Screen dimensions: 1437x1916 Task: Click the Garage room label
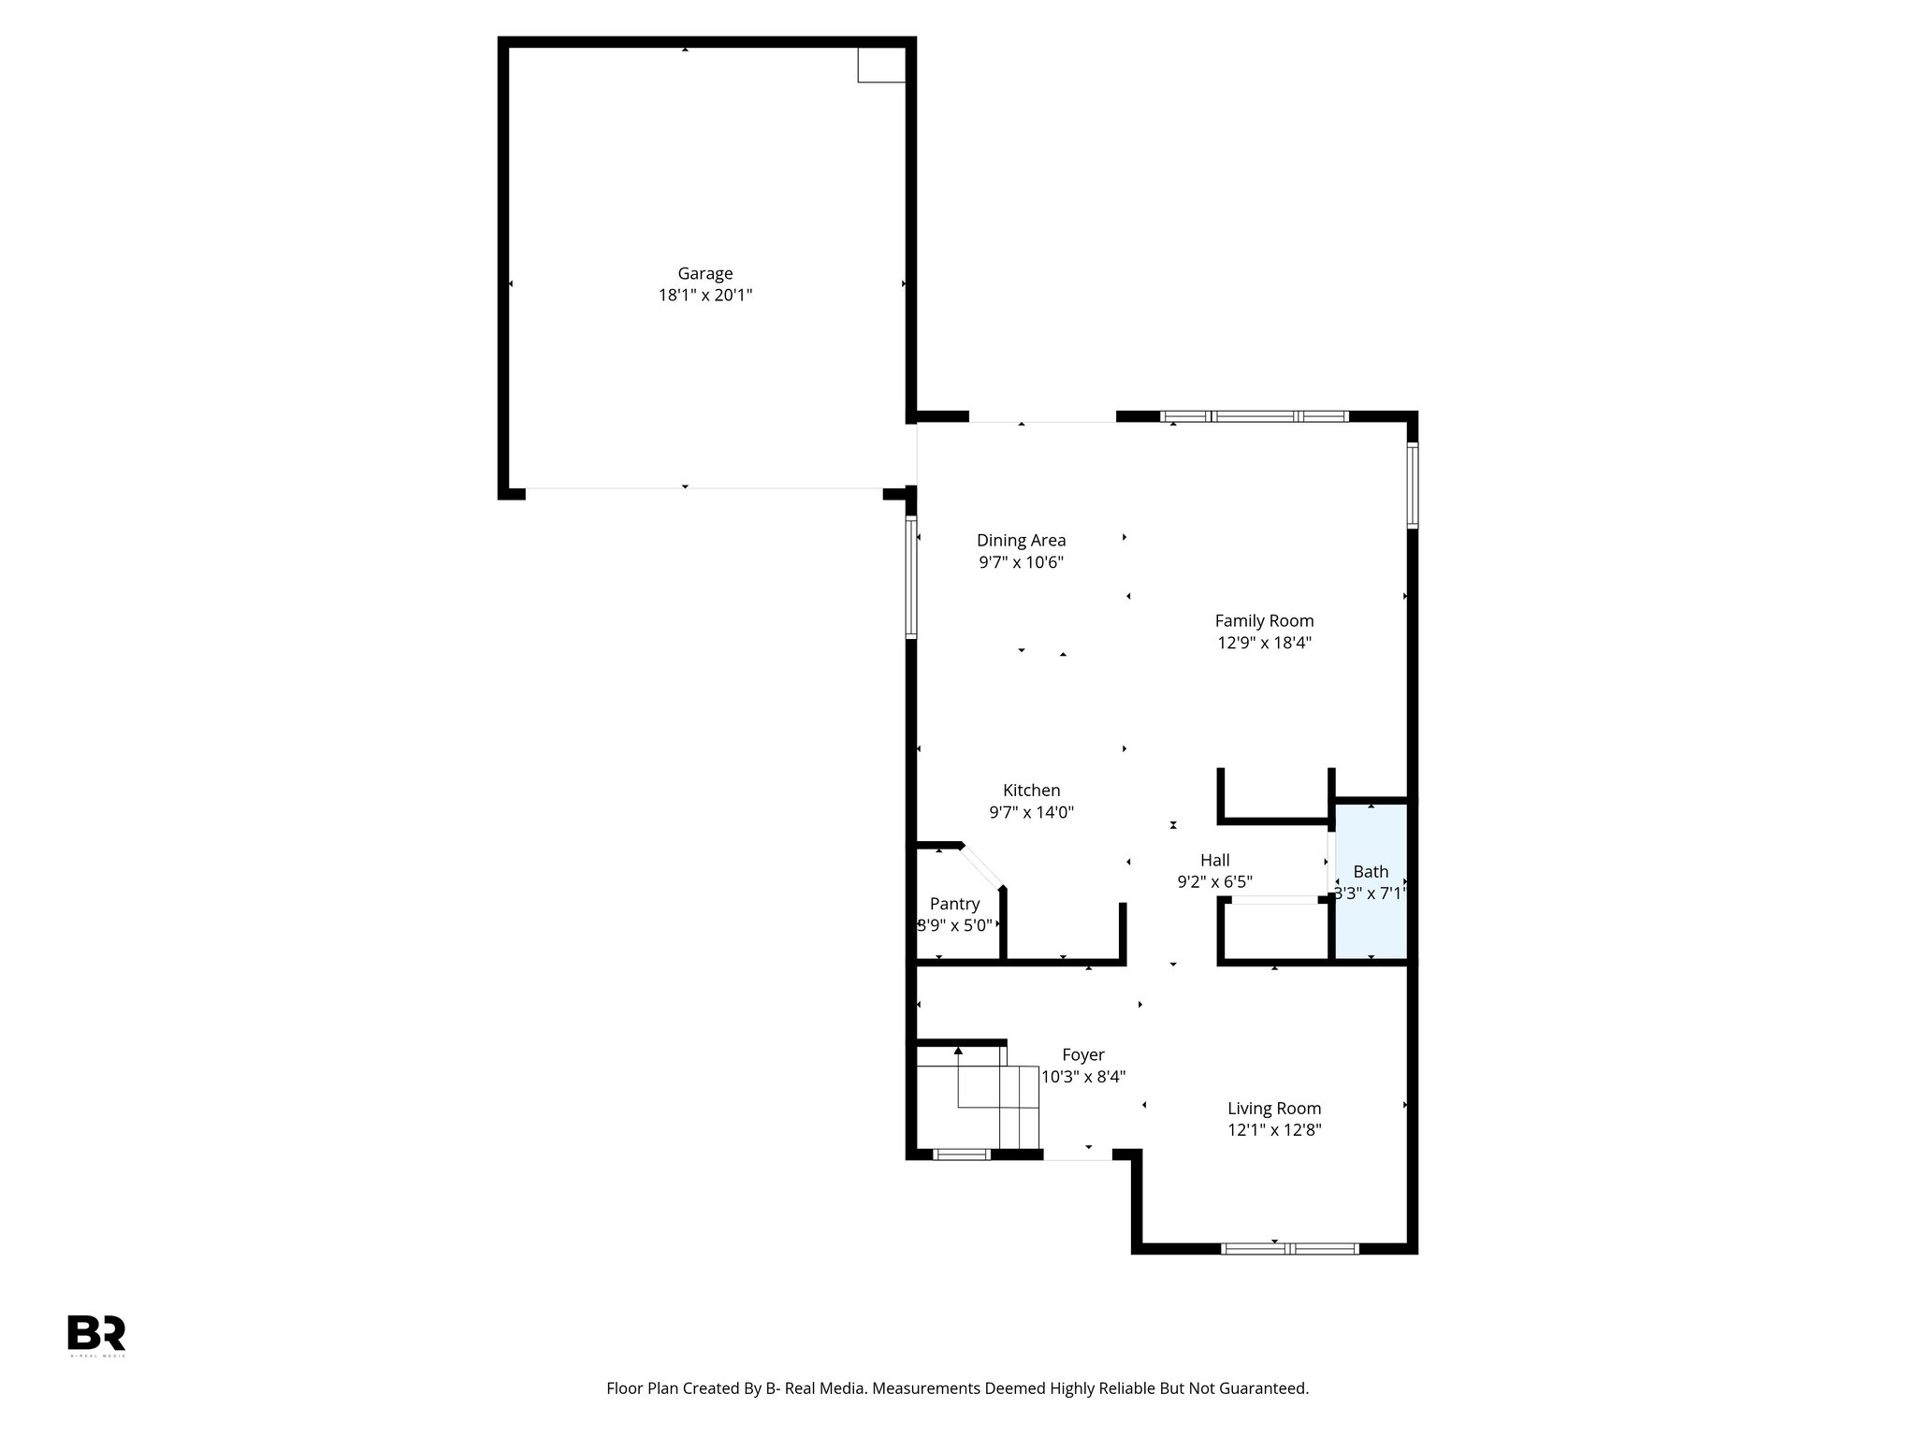coord(704,273)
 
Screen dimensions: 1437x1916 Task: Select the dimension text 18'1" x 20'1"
coord(704,296)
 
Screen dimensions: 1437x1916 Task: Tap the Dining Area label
coord(1021,540)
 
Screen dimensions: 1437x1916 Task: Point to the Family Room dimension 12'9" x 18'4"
coord(1264,643)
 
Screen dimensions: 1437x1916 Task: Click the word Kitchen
coord(1031,791)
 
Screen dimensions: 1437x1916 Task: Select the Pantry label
coord(954,904)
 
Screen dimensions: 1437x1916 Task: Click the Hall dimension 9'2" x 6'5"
coord(1214,882)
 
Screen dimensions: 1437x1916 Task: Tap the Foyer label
coord(1083,1054)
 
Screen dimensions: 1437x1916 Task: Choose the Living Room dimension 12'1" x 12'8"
coord(1274,1130)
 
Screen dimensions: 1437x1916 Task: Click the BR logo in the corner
coord(96,1333)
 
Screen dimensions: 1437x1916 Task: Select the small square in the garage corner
coord(880,65)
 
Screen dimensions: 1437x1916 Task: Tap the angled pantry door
coord(981,866)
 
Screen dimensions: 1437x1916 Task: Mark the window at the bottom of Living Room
coord(1290,1248)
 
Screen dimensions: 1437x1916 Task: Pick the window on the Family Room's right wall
coord(1413,486)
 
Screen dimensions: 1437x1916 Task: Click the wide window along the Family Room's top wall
coord(1254,416)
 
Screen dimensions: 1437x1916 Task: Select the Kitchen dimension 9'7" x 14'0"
coord(1031,813)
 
